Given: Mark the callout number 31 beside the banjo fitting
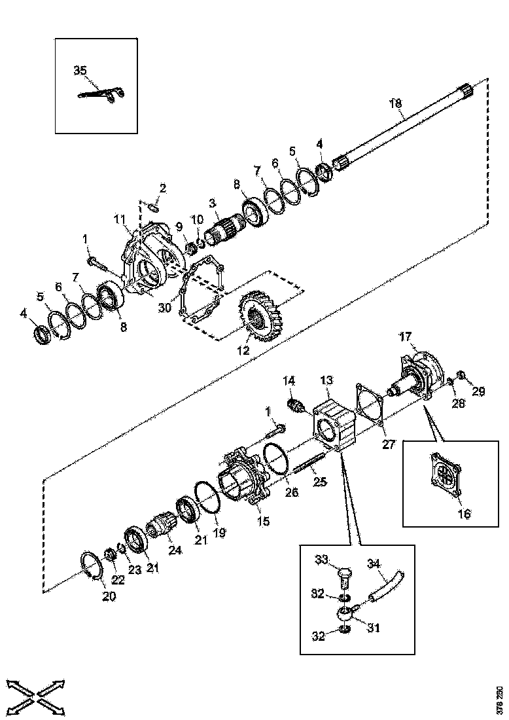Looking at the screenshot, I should pos(374,627).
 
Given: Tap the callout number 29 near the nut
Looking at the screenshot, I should pos(479,391).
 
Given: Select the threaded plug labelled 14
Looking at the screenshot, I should pos(295,405).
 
